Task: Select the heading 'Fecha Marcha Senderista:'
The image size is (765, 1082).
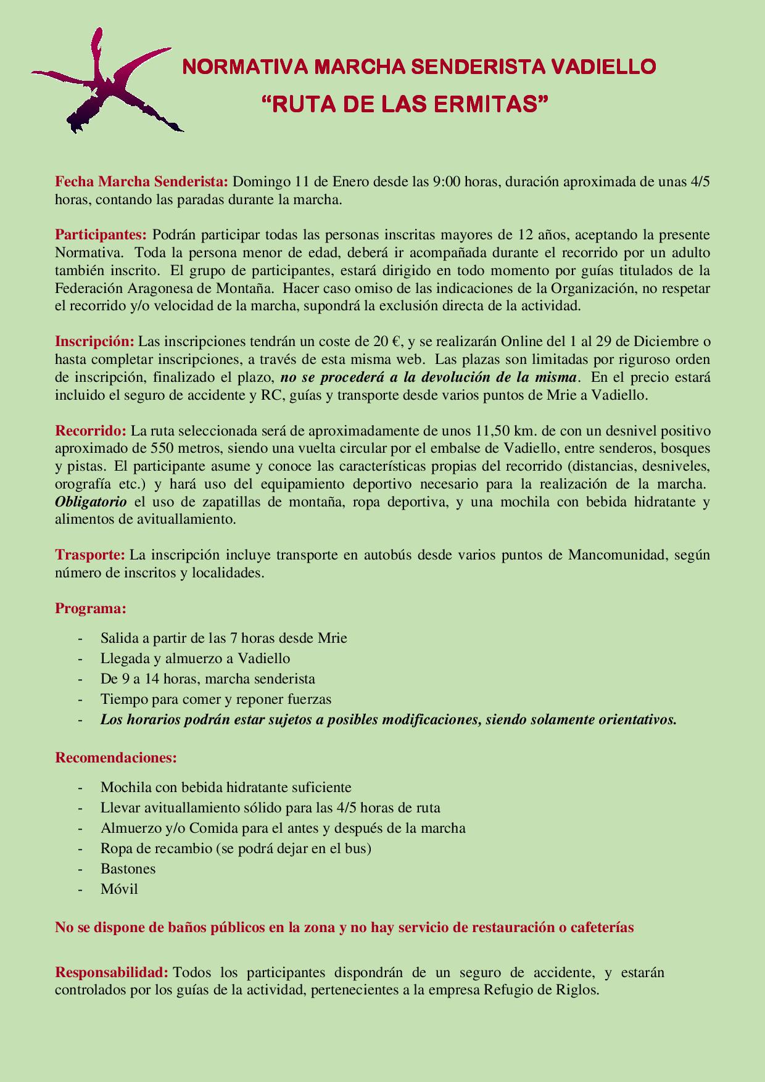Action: pos(142,182)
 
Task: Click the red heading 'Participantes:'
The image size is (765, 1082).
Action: pos(101,235)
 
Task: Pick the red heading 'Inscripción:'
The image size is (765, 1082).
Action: pos(94,342)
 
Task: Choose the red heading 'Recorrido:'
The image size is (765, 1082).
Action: pos(91,431)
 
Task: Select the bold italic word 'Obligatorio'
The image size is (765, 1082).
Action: pos(91,502)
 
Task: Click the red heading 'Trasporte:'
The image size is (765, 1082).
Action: pos(90,555)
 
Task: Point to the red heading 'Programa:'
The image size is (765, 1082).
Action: pos(91,609)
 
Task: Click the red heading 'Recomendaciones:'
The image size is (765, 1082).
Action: pos(116,758)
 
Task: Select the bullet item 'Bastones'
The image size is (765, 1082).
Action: pos(128,869)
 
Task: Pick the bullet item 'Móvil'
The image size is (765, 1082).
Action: pos(119,890)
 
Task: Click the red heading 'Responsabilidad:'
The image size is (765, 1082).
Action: pos(112,973)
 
